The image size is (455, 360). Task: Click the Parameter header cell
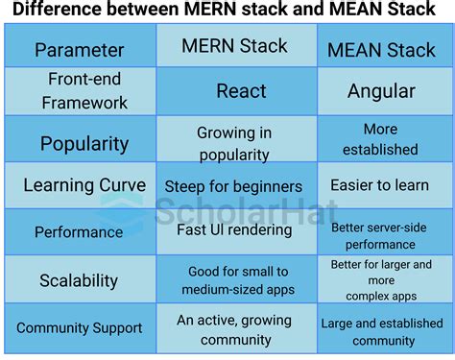[x=79, y=49]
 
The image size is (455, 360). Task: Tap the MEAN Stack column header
[x=381, y=49]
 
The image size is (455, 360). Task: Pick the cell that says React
[x=235, y=91]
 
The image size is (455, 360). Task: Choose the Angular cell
[x=381, y=91]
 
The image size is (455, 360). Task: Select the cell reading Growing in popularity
[x=235, y=143]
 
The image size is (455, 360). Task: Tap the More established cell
[x=381, y=139]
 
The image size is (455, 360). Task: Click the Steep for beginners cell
[x=235, y=186]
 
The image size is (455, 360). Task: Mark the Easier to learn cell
[x=381, y=185]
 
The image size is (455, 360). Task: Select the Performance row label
[x=79, y=231]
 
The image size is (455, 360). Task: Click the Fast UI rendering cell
[x=235, y=228]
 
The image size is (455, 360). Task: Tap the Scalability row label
[x=79, y=280]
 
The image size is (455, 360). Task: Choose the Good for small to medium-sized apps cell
[x=235, y=280]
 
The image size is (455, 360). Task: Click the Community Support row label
[x=79, y=327]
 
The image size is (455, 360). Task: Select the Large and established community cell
[x=381, y=331]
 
